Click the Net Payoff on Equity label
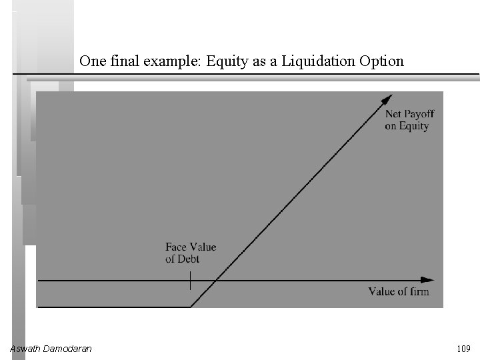tap(409, 120)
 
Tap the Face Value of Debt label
tap(191, 253)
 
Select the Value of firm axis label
tap(399, 291)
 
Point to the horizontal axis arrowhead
tap(428, 281)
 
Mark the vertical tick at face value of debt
tap(191, 281)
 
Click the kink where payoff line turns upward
tap(191, 307)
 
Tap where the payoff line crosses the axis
tap(210, 281)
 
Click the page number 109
tap(463, 348)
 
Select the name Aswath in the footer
tap(26, 348)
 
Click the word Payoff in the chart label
tap(419, 115)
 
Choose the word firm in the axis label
tap(418, 291)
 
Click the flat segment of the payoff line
tap(113, 307)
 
